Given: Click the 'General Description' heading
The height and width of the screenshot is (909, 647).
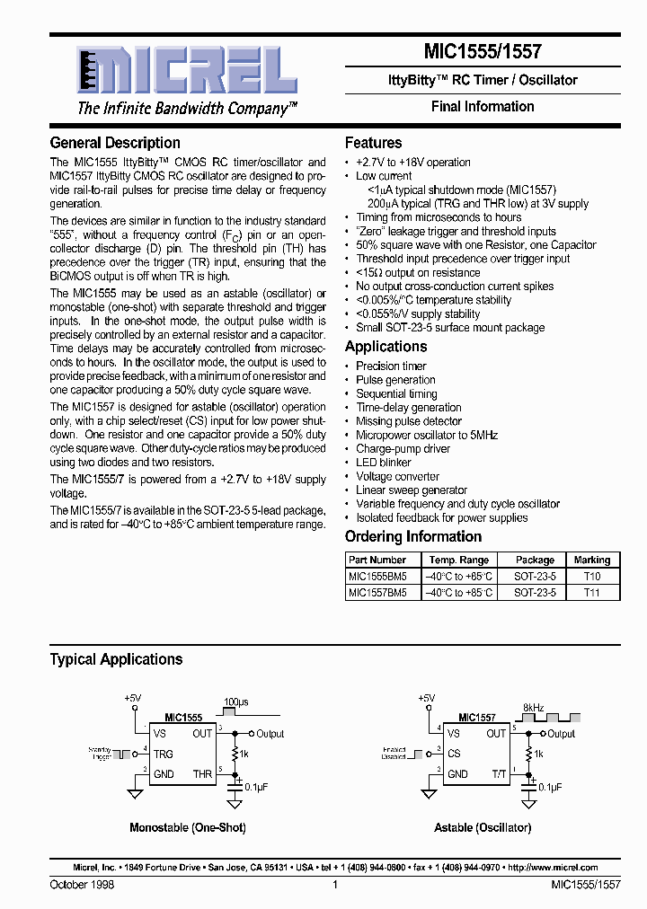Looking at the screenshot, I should (x=115, y=143).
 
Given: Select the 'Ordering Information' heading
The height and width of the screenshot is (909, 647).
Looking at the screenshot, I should (x=413, y=537).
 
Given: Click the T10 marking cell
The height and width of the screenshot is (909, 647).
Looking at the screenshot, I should (x=591, y=577).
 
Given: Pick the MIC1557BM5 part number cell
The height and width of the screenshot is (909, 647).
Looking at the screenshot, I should (x=377, y=593).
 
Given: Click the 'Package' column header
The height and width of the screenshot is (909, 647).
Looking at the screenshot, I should (x=535, y=560).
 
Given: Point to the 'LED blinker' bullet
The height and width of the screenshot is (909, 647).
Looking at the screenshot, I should (x=384, y=463).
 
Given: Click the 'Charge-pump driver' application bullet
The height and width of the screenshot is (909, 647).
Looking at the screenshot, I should (x=403, y=449).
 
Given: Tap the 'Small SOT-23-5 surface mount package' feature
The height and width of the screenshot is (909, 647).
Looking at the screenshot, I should (x=450, y=328).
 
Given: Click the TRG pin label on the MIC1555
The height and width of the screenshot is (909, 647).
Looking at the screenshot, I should (x=164, y=755).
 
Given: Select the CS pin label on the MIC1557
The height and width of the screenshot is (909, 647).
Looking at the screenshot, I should (x=454, y=755).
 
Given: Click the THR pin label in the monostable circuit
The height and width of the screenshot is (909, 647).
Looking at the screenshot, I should (x=202, y=774).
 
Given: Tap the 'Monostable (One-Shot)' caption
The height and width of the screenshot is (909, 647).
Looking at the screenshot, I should (x=188, y=827).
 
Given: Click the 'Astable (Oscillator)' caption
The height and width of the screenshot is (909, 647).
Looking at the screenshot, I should (x=483, y=827).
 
